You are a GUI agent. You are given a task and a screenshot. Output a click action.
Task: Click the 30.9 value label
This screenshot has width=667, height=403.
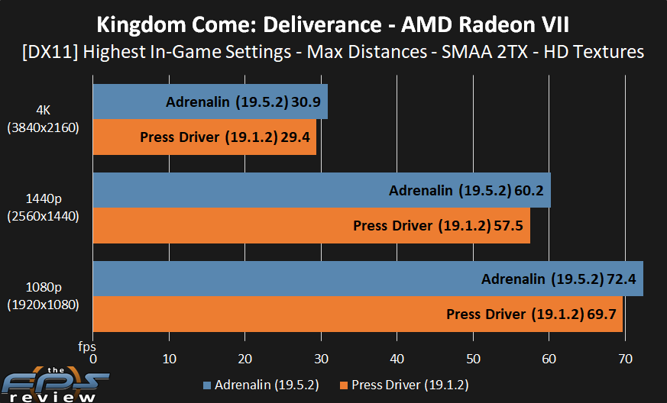click(309, 102)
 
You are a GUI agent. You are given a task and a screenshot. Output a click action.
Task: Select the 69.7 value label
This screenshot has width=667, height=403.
click(604, 314)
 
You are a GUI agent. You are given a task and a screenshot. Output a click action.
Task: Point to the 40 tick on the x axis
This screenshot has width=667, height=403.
click(397, 359)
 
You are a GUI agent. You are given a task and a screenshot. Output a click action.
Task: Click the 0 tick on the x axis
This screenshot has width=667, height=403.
click(93, 359)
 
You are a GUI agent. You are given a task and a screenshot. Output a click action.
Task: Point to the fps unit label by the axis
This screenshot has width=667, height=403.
click(86, 347)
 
